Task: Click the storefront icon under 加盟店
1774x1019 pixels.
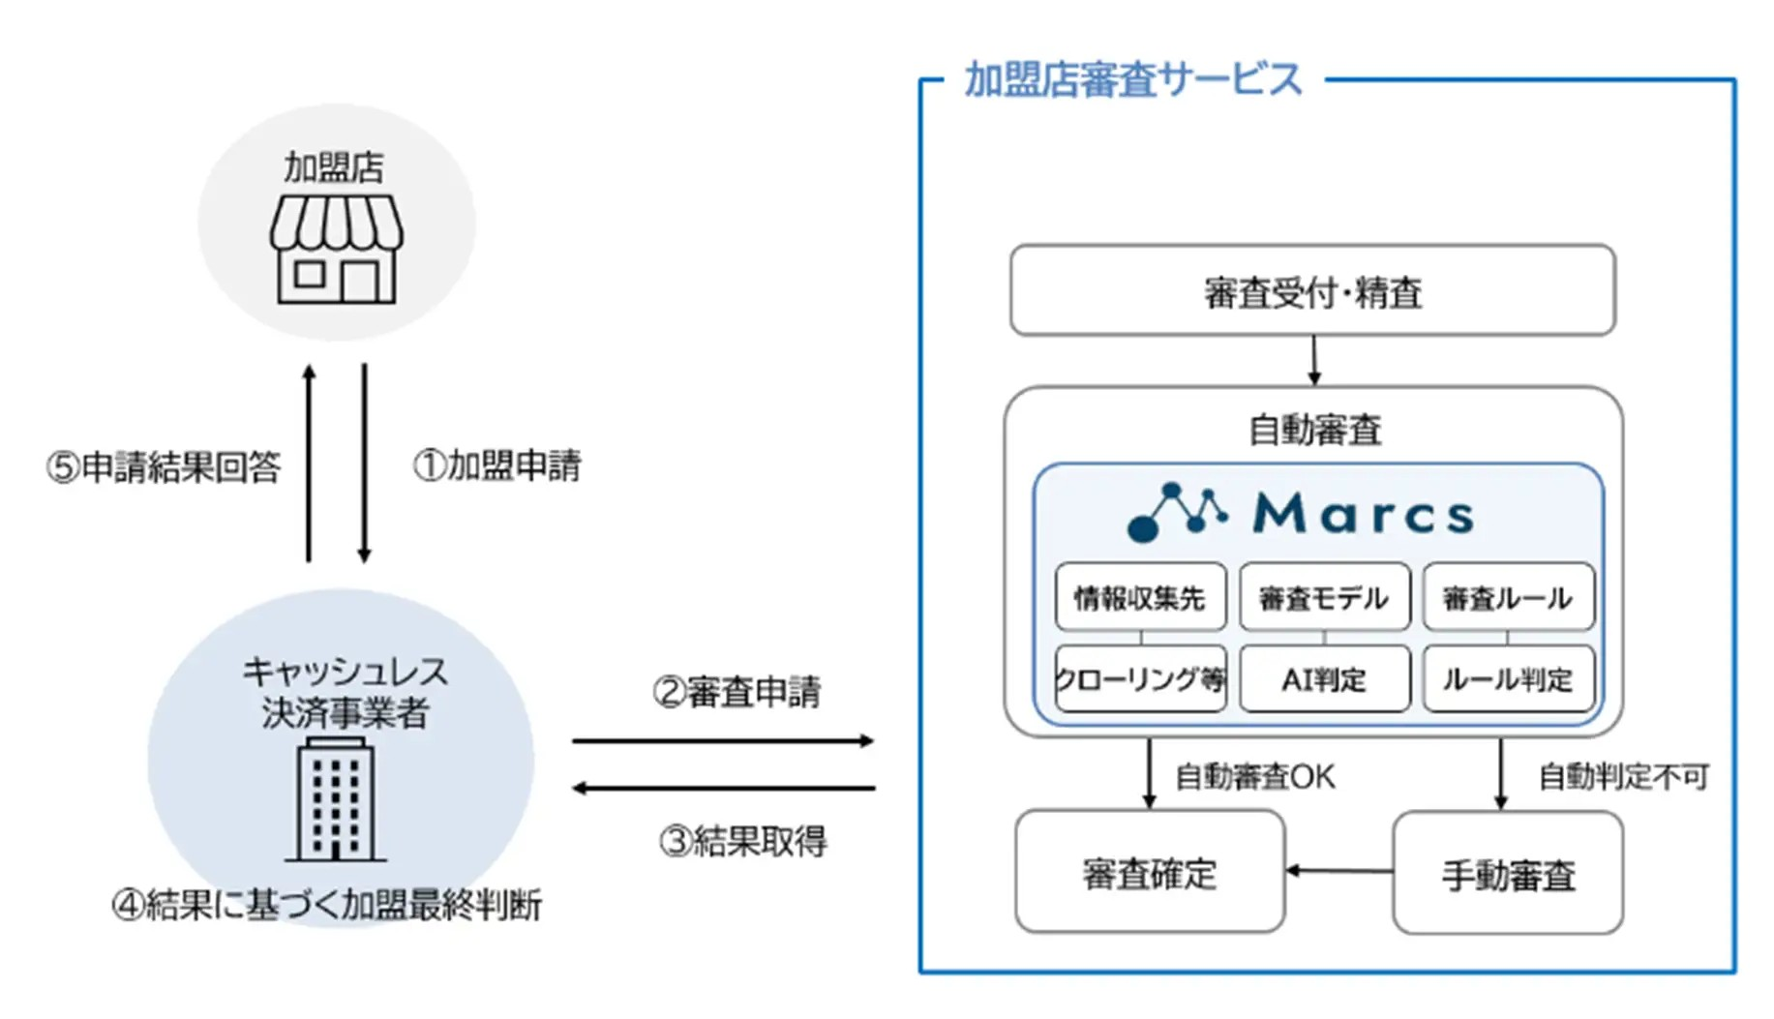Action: (336, 250)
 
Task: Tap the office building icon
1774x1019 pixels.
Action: (335, 799)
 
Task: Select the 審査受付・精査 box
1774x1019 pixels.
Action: (1311, 291)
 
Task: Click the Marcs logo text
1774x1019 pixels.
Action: (1363, 513)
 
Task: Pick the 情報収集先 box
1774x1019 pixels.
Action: (1140, 598)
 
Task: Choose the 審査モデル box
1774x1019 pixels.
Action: (1324, 598)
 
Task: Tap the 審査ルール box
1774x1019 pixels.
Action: (1507, 598)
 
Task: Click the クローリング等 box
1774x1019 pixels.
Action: (1140, 679)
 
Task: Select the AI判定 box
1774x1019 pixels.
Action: (1324, 679)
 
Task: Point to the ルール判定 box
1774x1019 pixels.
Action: (1507, 679)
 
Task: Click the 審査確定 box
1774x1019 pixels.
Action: (1149, 873)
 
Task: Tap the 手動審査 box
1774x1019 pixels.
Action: (1507, 874)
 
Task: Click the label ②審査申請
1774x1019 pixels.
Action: (737, 693)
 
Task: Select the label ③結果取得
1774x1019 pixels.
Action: (743, 841)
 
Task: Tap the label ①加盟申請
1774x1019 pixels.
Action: (497, 465)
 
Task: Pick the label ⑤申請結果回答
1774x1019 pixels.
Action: (164, 467)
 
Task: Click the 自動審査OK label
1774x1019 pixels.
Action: (1255, 776)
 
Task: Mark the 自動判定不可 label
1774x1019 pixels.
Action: (1623, 776)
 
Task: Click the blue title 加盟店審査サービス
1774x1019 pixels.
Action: (1133, 79)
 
